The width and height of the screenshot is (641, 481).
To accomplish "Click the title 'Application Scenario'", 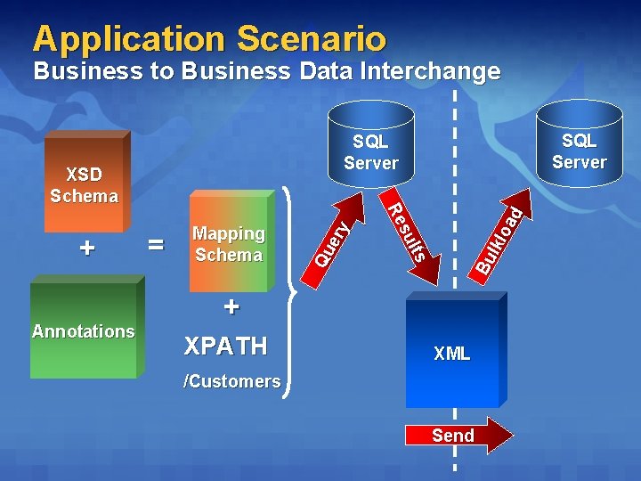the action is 209,38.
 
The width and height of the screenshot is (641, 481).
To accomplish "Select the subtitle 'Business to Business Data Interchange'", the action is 266,71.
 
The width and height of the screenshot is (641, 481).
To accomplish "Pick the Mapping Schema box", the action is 229,243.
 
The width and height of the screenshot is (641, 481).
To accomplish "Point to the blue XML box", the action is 452,353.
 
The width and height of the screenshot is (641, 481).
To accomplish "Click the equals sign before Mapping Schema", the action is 157,244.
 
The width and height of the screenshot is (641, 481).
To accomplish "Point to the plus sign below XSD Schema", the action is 86,248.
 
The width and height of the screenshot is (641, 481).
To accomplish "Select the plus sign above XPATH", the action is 231,308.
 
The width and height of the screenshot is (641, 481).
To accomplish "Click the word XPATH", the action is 224,346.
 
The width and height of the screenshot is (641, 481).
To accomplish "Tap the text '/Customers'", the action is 231,381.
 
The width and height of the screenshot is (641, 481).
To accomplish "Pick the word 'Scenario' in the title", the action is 312,38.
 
